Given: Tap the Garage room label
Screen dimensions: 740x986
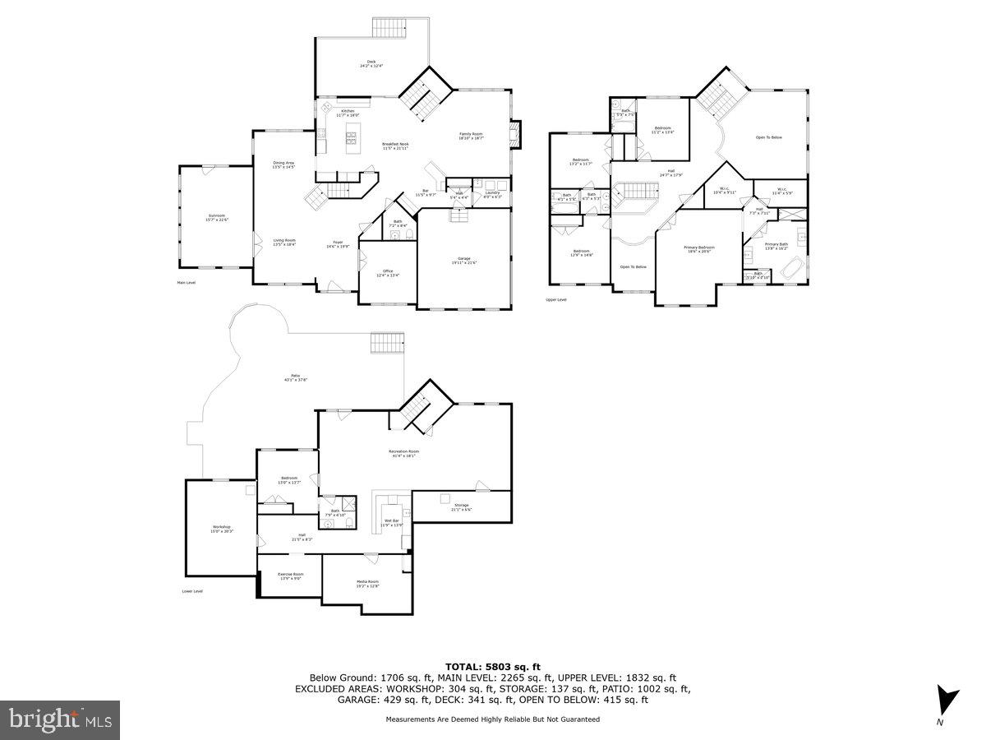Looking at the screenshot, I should click(464, 261).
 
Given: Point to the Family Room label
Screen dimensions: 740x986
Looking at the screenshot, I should click(471, 136).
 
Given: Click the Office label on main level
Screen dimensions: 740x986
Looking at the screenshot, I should click(388, 273).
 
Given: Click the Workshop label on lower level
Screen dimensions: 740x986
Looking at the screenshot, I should click(222, 529).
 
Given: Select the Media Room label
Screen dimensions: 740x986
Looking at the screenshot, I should click(367, 584).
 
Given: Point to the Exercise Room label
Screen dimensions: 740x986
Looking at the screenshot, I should click(290, 576).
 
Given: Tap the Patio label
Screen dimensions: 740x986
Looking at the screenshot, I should click(295, 377).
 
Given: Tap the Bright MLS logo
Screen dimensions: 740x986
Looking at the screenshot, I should click(60, 719).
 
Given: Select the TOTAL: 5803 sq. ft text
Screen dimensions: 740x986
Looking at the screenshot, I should click(492, 666).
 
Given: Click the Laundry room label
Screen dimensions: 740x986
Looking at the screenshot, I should click(492, 194).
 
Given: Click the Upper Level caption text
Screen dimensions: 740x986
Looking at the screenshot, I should click(556, 299).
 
